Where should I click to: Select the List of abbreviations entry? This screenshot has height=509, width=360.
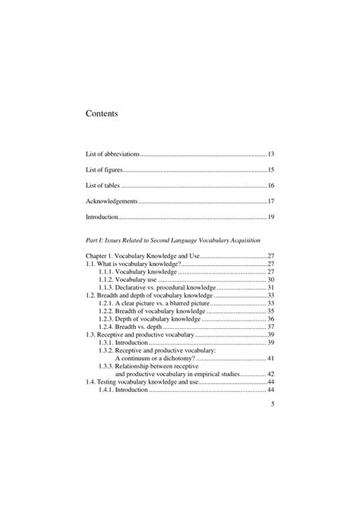113,153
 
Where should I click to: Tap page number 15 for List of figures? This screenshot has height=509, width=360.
270,169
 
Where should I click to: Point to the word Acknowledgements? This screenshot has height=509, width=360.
112,201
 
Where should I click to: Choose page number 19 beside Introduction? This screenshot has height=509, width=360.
270,217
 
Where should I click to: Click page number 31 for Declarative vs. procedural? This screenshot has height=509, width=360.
270,288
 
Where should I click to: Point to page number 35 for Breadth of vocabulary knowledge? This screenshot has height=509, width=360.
270,311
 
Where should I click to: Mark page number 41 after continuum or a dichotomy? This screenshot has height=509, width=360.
270,358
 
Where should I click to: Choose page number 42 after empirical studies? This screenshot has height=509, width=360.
270,374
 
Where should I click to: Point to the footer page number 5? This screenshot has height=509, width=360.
272,405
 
